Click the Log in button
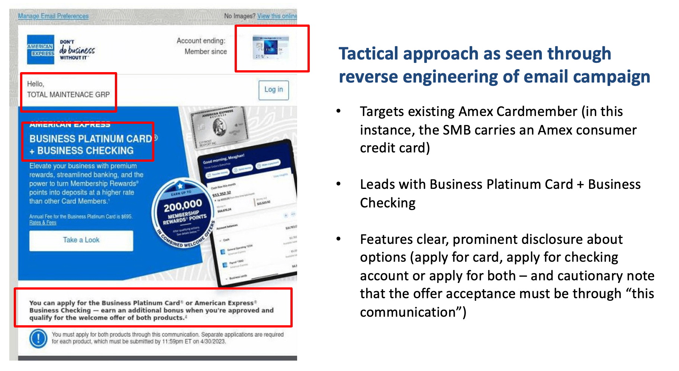click(274, 90)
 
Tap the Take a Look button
click(81, 240)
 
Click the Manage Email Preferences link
click(53, 16)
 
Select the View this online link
click(277, 16)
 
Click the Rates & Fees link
click(43, 223)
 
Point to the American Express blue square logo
click(41, 49)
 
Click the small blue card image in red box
click(270, 48)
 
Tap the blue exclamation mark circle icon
click(38, 338)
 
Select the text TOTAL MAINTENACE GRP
click(68, 95)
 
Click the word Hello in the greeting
click(35, 84)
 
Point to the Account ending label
click(201, 41)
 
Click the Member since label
click(206, 52)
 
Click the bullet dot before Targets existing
click(338, 111)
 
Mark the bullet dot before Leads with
click(338, 184)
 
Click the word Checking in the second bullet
click(388, 203)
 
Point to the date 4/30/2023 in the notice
click(213, 342)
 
